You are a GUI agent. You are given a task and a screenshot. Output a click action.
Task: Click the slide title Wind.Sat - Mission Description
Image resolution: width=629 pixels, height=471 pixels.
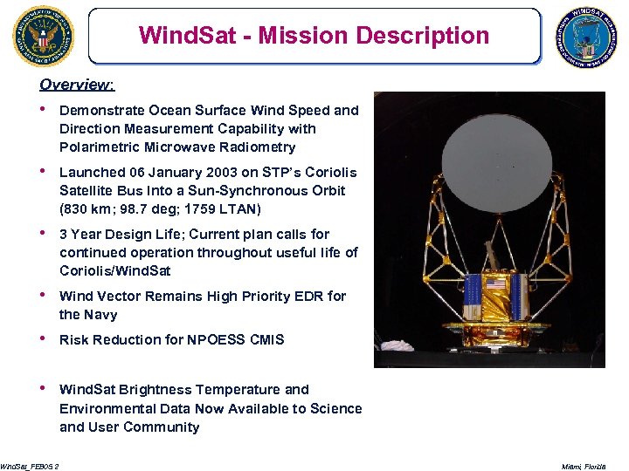click(314, 36)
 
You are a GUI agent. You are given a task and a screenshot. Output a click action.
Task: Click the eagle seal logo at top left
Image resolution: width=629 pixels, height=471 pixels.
click(44, 36)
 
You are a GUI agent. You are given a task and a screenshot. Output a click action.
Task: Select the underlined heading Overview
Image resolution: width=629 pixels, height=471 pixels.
click(77, 85)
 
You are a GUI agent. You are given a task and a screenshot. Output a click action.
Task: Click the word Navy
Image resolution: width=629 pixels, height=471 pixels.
click(101, 315)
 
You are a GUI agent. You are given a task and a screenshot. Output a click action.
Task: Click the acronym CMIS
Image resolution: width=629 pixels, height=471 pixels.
click(266, 339)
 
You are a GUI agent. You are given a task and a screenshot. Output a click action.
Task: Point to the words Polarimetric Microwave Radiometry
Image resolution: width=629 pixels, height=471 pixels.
click(177, 147)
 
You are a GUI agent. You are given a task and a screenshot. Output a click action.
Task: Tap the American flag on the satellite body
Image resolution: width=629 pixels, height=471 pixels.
click(495, 283)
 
